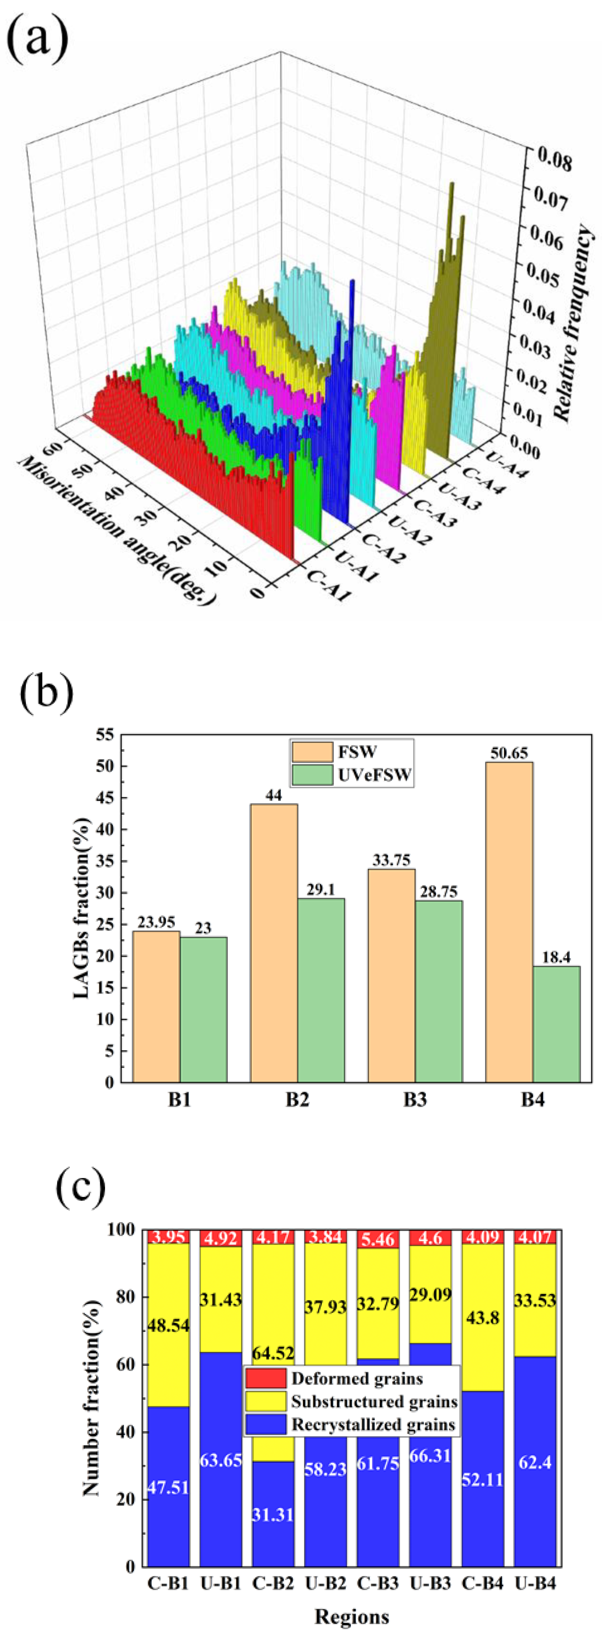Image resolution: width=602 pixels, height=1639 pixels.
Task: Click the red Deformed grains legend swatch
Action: [x=265, y=1379]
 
